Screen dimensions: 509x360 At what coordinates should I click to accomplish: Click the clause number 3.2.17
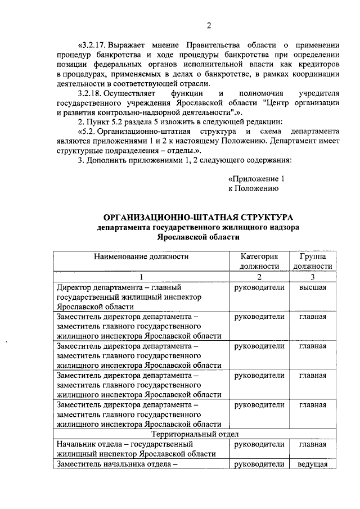90,44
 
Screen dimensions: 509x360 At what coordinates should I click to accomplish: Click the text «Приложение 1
253,178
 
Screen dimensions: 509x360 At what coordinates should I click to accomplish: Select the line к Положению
254,188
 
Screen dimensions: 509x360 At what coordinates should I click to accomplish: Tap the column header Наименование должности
141,256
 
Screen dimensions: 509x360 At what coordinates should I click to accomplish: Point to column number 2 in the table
259,276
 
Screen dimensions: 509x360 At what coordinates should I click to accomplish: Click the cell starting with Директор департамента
141,296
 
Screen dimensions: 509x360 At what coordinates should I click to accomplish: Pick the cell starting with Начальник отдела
141,449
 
